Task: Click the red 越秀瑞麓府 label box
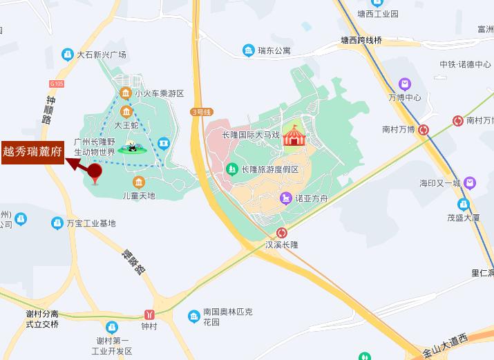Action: click(x=33, y=150)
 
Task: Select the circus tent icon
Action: click(x=293, y=135)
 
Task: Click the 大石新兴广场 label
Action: click(x=101, y=54)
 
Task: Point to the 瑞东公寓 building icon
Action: click(x=248, y=50)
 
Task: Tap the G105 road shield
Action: click(x=57, y=84)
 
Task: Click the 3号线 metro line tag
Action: click(x=202, y=111)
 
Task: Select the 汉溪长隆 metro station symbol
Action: click(x=281, y=233)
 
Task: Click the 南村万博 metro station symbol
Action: click(x=424, y=129)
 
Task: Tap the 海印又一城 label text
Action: click(x=439, y=183)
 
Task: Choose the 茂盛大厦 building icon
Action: click(x=464, y=205)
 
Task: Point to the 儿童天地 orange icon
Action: click(x=139, y=182)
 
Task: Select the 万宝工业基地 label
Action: click(x=91, y=223)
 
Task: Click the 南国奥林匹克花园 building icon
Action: click(x=195, y=316)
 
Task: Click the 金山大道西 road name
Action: click(x=446, y=345)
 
